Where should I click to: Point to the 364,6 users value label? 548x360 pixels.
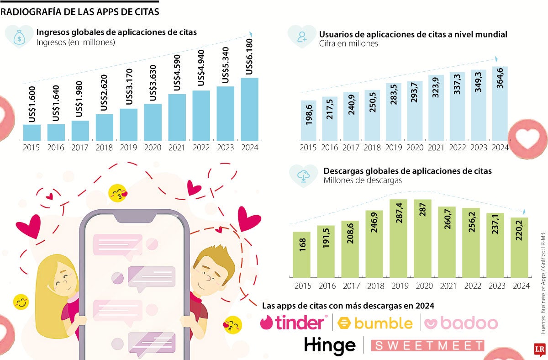coord(500,78)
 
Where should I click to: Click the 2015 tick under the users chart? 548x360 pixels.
coord(308,148)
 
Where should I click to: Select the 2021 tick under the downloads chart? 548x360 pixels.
coord(447,286)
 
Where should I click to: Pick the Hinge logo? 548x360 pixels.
coord(330,345)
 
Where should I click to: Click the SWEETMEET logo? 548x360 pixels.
coord(427,345)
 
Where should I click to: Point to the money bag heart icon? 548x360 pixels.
coord(19,37)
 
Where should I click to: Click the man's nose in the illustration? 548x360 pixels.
coord(206,277)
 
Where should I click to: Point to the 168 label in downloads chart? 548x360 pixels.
coord(302,244)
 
